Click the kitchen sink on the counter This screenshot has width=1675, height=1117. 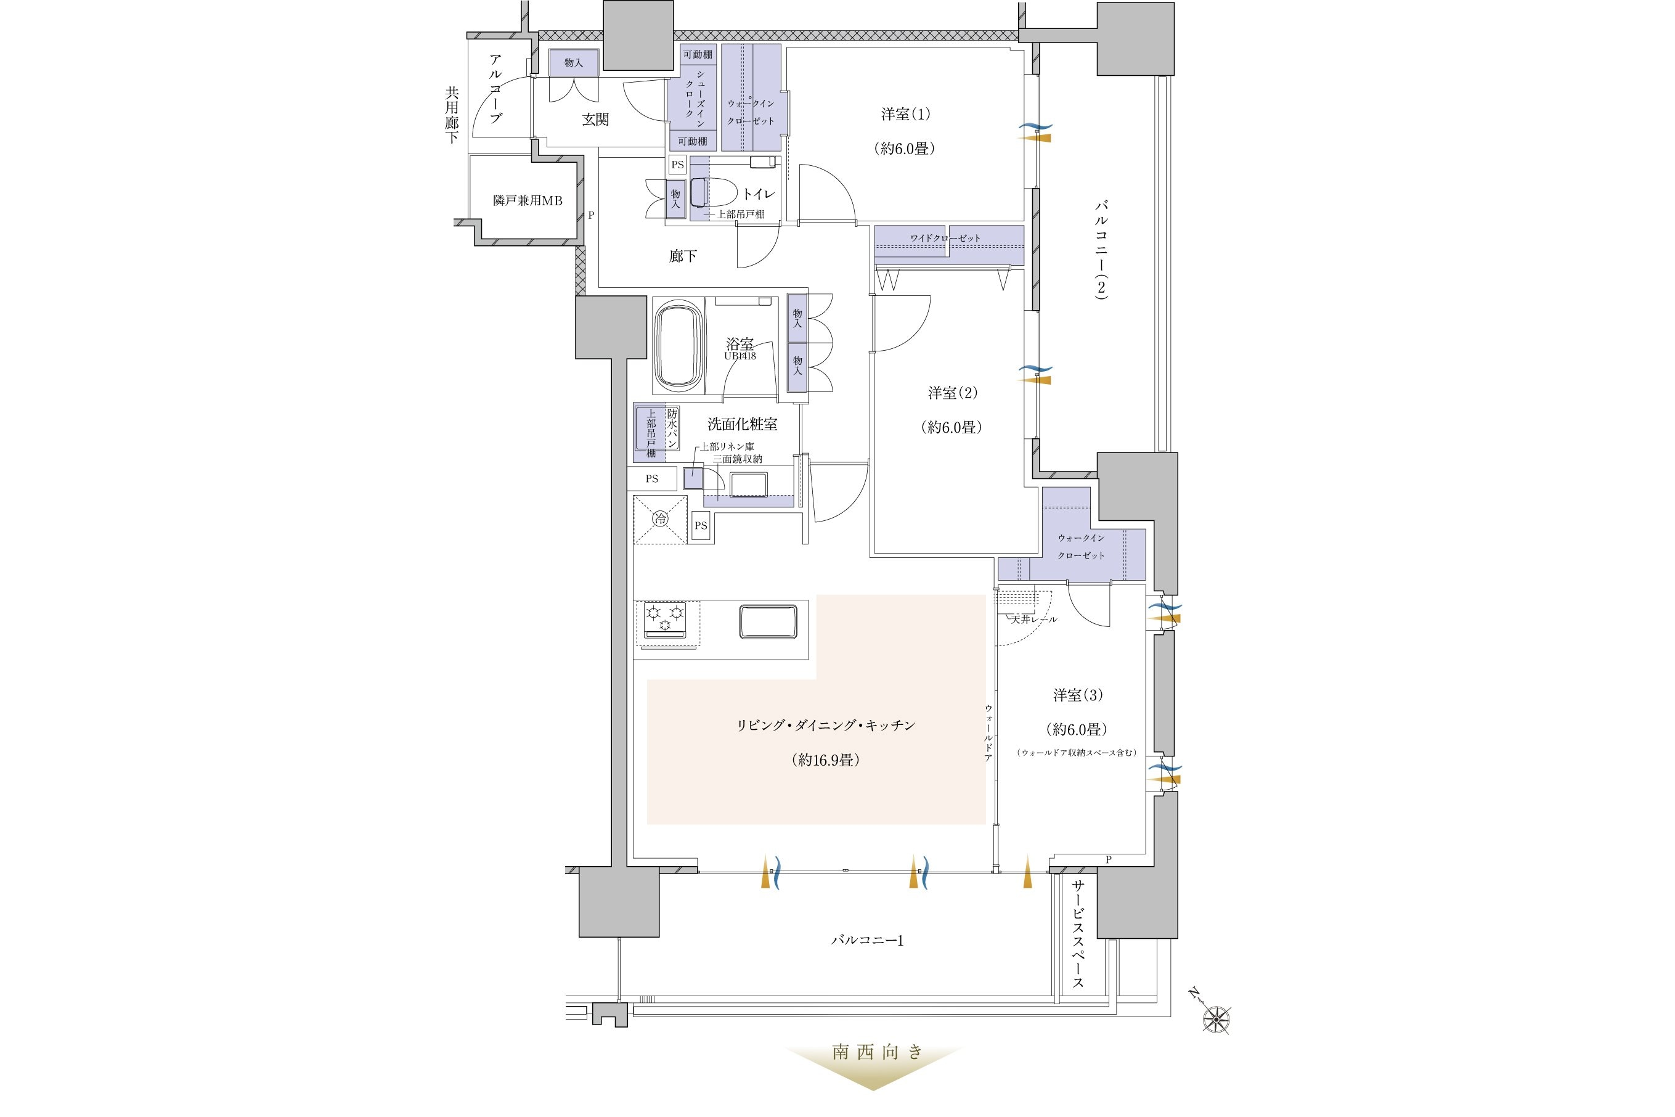[768, 621]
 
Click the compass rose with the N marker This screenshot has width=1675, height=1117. [1216, 1019]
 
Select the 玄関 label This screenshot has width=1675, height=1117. [595, 119]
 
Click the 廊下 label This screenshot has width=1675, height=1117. [682, 256]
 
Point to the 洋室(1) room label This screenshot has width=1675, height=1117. [905, 114]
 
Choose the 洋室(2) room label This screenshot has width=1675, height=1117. [952, 393]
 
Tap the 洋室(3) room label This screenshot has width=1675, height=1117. [1077, 695]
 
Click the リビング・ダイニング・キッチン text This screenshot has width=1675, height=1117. [825, 725]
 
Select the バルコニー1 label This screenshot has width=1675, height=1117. [868, 940]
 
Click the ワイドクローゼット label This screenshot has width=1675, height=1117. [945, 238]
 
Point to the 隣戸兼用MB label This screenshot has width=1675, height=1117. [527, 201]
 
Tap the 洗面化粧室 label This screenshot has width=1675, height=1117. [742, 424]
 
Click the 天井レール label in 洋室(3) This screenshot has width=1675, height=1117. [1034, 619]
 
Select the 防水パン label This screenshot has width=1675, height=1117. [672, 428]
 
